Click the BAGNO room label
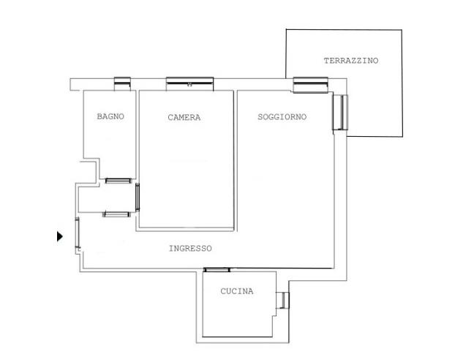tap(110, 116)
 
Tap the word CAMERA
tap(184, 117)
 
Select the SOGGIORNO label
tap(282, 116)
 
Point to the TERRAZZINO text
tap(351, 61)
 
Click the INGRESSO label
tap(190, 249)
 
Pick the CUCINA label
tap(237, 291)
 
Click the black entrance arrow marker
tap(60, 236)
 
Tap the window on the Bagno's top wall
tap(122, 83)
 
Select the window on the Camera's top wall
tap(190, 83)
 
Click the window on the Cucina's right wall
tap(282, 300)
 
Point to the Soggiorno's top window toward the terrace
tap(311, 85)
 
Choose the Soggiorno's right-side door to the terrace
tap(340, 112)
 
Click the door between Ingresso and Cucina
tap(217, 270)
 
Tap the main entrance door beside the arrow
tap(78, 233)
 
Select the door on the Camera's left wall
tap(138, 197)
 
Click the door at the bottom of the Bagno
tap(118, 181)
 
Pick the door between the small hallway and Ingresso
tap(116, 214)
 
